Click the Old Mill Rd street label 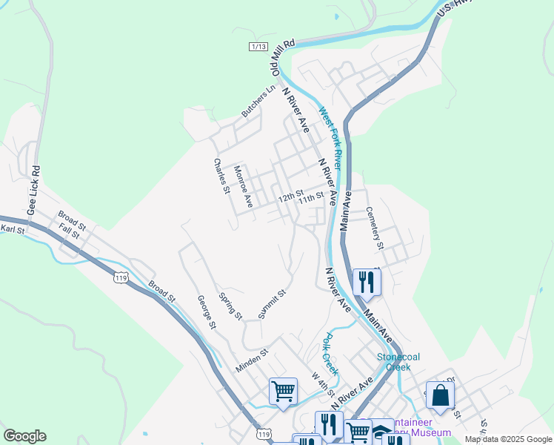pos(284,58)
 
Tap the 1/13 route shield pos(258,46)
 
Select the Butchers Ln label pos(258,101)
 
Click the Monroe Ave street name pos(244,185)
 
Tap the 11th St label pos(311,198)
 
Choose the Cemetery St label pos(376,228)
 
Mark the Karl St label pos(12,230)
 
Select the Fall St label pos(70,231)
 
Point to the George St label pos(206,312)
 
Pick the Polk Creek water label pos(330,353)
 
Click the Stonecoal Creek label pos(398,362)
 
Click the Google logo pos(24,436)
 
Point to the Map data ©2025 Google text pos(508,439)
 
